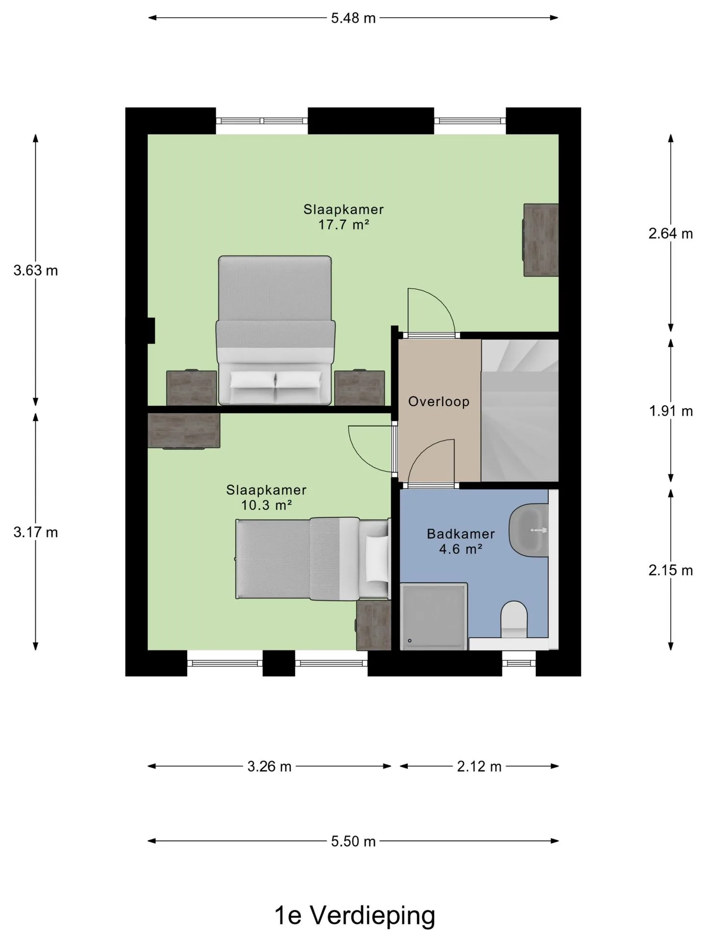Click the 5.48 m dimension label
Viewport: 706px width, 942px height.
pyautogui.click(x=353, y=18)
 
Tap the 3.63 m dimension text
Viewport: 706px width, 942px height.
pyautogui.click(x=36, y=270)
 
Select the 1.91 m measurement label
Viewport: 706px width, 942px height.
pyautogui.click(x=671, y=411)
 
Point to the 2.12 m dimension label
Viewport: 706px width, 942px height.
pyautogui.click(x=479, y=766)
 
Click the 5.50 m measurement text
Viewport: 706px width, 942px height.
pyautogui.click(x=353, y=841)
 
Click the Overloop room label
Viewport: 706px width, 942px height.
pyautogui.click(x=439, y=402)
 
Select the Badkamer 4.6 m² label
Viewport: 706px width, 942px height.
pyautogui.click(x=461, y=541)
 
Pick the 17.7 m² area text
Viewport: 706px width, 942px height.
pyautogui.click(x=343, y=225)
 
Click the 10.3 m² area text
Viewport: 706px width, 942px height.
pyautogui.click(x=266, y=505)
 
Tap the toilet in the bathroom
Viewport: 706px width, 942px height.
pyautogui.click(x=514, y=620)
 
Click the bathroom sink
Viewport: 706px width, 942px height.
pyautogui.click(x=529, y=530)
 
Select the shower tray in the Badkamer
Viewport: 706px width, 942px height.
pyautogui.click(x=434, y=616)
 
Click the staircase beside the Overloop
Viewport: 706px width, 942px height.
pyautogui.click(x=520, y=410)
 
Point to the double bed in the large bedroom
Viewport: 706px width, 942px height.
pyautogui.click(x=276, y=331)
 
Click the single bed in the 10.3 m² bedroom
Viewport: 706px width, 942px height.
pyautogui.click(x=313, y=558)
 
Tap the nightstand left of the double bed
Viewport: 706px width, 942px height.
pyautogui.click(x=192, y=388)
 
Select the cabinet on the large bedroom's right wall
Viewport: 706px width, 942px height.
pyautogui.click(x=541, y=240)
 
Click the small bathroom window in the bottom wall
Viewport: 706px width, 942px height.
pyautogui.click(x=519, y=663)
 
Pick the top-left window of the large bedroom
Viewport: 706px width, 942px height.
pyautogui.click(x=262, y=121)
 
